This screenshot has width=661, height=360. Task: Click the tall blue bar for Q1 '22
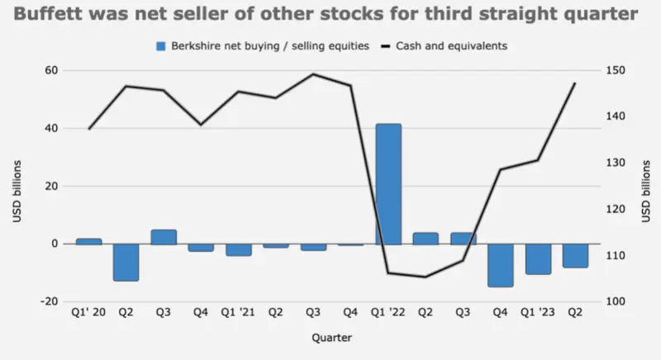388,184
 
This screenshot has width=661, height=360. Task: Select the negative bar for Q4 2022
501,265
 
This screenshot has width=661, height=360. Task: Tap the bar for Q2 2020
126,262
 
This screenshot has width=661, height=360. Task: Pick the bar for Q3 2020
164,237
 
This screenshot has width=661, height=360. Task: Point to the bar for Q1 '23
538,258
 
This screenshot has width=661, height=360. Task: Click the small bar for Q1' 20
88,241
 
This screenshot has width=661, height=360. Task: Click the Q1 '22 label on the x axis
388,314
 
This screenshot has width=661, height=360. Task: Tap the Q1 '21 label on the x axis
238,314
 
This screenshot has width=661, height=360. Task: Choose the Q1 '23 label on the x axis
538,314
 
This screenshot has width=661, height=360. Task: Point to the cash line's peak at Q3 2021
313,73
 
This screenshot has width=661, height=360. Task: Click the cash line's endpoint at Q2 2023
575,83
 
